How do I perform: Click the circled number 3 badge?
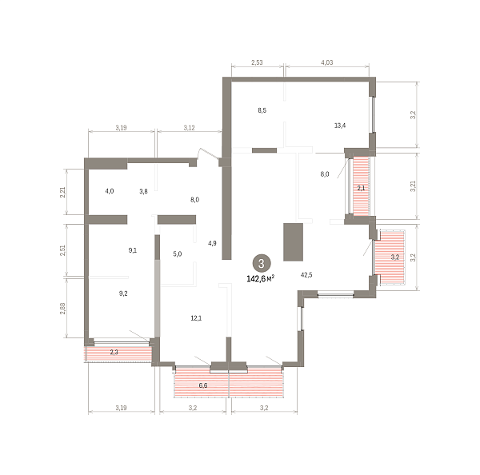point(261,263)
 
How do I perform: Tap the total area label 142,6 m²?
point(261,279)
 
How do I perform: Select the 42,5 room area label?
point(306,275)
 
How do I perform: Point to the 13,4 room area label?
point(340,126)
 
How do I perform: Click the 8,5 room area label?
point(262,110)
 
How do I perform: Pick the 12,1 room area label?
point(196,318)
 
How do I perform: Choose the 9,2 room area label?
point(123,293)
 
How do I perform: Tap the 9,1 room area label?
point(133,250)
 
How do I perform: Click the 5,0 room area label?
point(178,254)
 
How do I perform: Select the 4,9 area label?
point(212,243)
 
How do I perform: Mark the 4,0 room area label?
point(110,191)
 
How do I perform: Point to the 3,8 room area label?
point(143,192)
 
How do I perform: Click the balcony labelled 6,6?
point(228,381)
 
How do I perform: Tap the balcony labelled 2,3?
point(118,353)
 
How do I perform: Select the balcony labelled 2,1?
point(362,186)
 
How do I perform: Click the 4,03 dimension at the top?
point(327,62)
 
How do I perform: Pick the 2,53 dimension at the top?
point(257,62)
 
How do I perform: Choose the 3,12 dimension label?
point(189,128)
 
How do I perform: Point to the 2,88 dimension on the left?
point(62,309)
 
